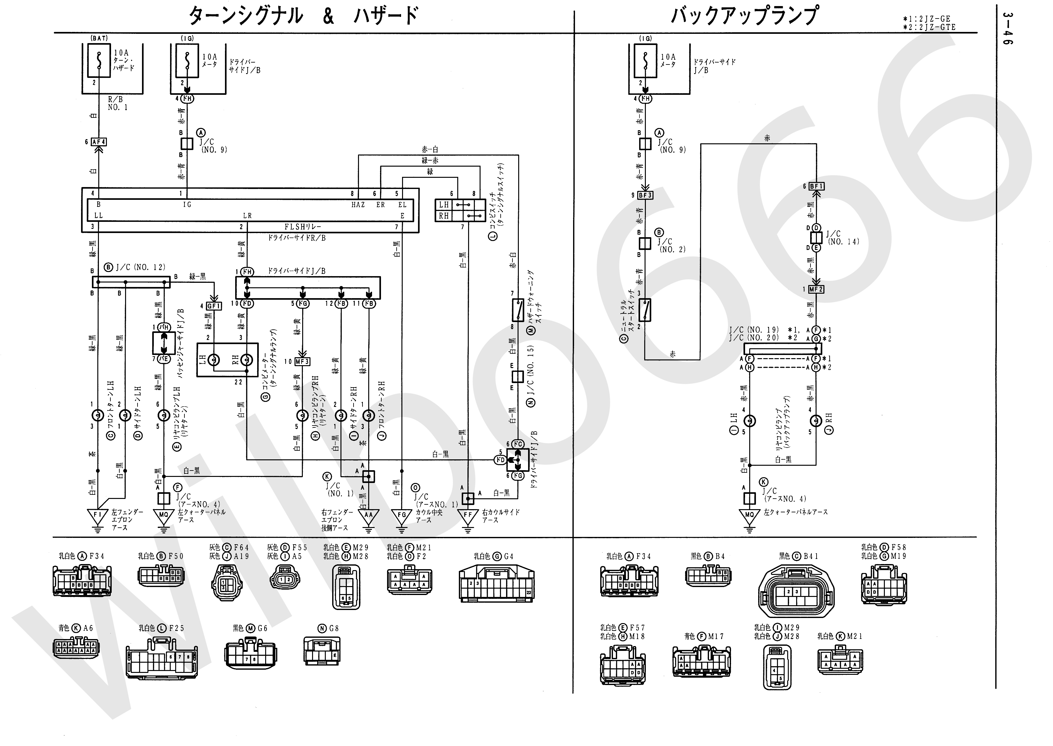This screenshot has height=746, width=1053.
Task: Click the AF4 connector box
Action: [x=99, y=142]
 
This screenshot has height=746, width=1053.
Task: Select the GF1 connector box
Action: [x=214, y=305]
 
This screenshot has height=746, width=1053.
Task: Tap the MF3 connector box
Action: [x=302, y=362]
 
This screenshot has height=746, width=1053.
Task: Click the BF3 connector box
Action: [x=645, y=195]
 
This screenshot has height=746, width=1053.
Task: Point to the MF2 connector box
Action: [x=816, y=290]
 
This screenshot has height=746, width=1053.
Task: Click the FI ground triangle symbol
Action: [x=97, y=516]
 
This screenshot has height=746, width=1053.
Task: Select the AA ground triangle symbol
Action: [x=368, y=516]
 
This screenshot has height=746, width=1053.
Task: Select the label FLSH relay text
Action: [x=302, y=226]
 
